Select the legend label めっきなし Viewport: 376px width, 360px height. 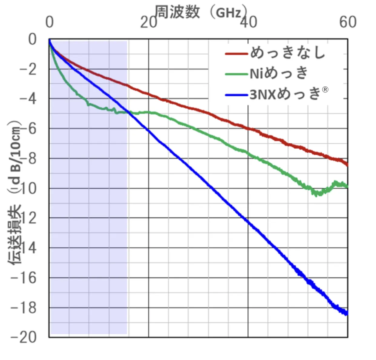click(x=288, y=53)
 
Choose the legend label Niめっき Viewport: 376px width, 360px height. click(x=279, y=73)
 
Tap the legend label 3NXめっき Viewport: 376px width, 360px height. click(x=285, y=94)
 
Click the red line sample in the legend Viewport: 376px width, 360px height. click(x=236, y=54)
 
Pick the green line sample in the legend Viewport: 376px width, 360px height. click(x=236, y=74)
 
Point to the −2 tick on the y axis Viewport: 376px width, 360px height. click(x=28, y=69)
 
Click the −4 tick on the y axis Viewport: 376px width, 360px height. click(x=28, y=99)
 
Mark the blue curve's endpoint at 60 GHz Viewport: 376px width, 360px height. click(x=347, y=313)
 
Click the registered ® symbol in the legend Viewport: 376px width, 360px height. click(x=325, y=89)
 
